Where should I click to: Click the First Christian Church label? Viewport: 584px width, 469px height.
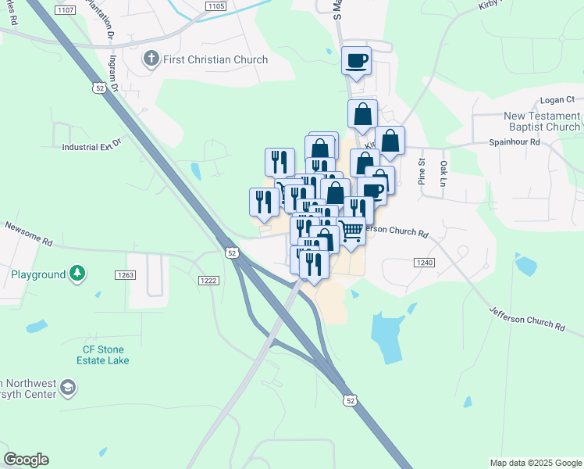click(216, 59)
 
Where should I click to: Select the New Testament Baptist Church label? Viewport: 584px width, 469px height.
click(543, 121)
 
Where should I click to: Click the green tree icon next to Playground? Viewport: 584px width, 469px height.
click(77, 273)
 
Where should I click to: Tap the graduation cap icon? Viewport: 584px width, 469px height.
click(68, 388)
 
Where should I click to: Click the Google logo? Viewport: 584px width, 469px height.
click(27, 460)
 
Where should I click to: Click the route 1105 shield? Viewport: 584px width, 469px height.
click(215, 6)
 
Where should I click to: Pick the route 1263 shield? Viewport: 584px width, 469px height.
click(125, 274)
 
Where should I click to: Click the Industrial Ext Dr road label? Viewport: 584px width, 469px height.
click(93, 145)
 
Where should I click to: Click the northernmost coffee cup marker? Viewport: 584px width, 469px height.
click(356, 60)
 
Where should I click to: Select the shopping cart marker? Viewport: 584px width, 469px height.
click(351, 231)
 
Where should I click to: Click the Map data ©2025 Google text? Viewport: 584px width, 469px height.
click(535, 463)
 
